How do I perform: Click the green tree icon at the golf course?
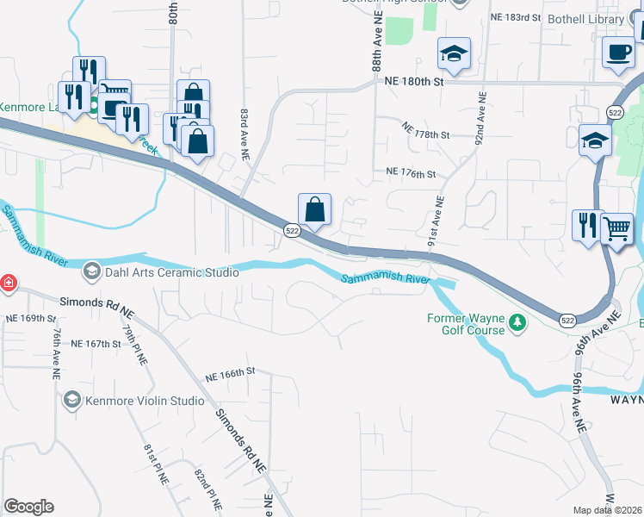click(x=517, y=323)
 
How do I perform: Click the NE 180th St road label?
click(x=411, y=82)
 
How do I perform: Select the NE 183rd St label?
click(x=515, y=17)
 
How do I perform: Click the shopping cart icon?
click(x=616, y=229)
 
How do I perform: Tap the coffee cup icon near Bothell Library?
click(x=619, y=53)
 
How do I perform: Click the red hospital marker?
click(x=7, y=283)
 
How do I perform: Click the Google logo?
click(x=28, y=506)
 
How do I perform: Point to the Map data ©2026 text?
click(x=608, y=510)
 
